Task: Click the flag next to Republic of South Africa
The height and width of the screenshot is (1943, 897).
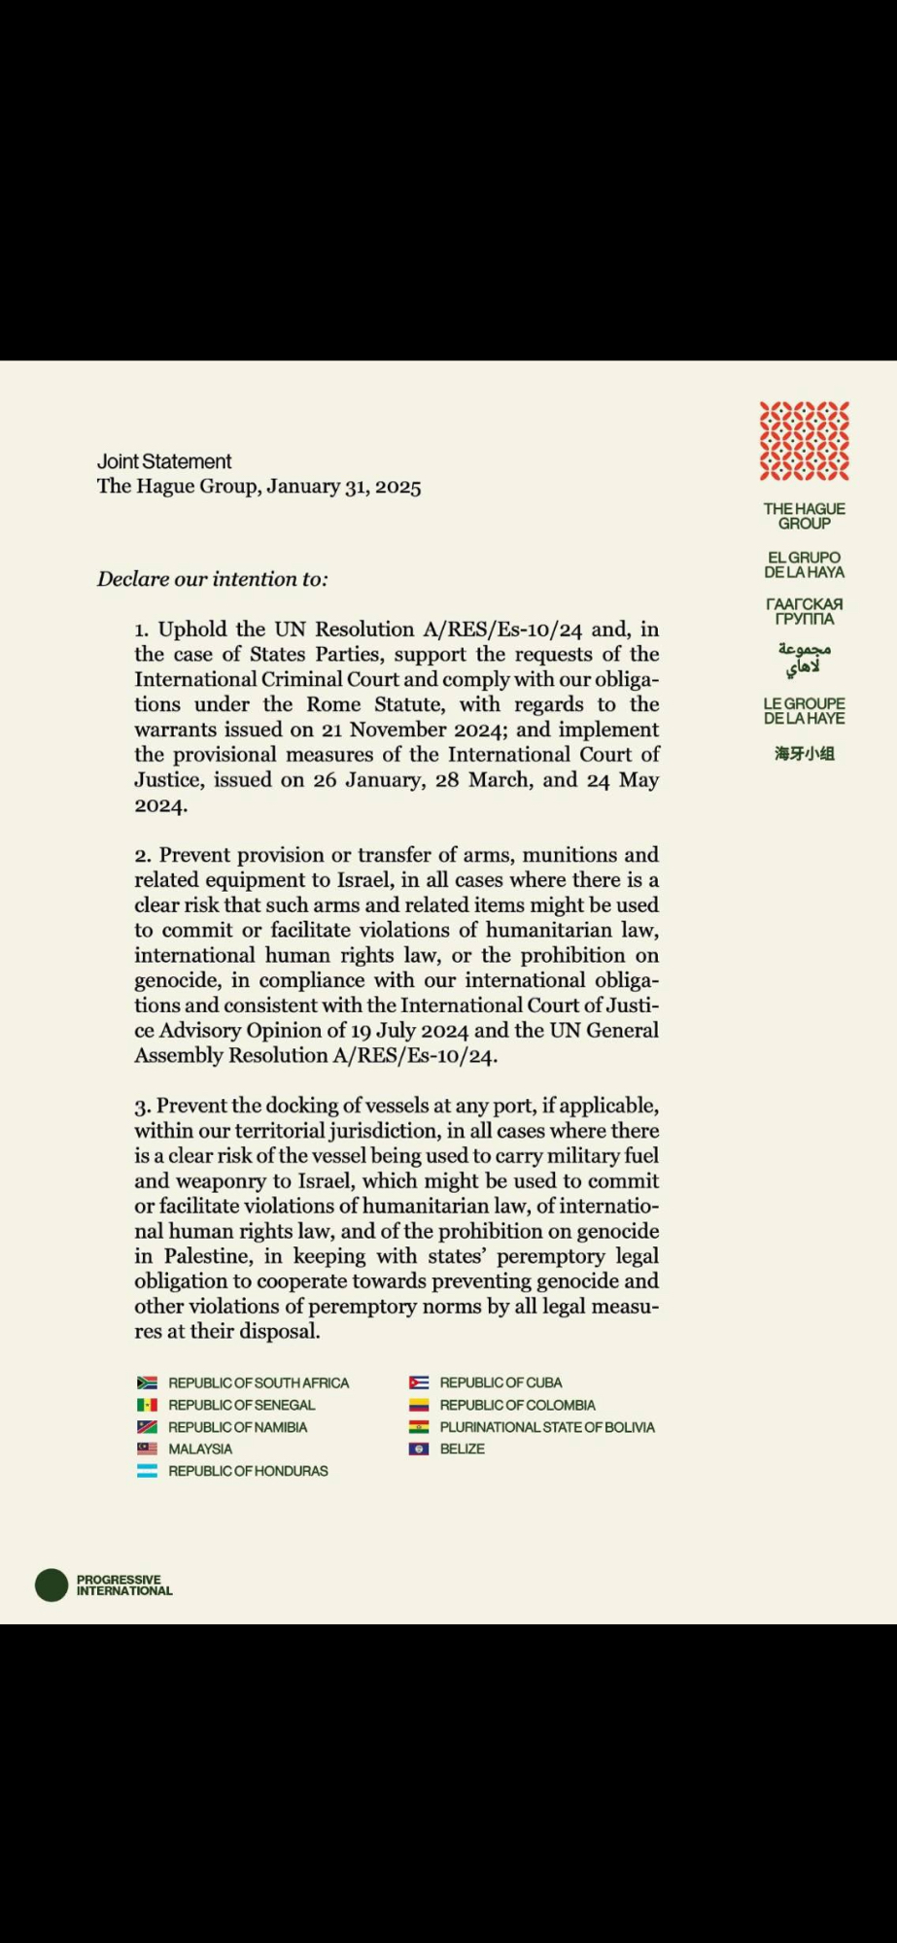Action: tap(147, 1382)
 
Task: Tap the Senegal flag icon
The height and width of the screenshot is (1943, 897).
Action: tap(147, 1405)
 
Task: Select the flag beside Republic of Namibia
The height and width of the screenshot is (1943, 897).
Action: tap(147, 1427)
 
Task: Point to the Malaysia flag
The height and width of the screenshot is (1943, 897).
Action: tap(147, 1449)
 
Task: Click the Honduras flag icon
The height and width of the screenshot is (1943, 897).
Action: tap(147, 1471)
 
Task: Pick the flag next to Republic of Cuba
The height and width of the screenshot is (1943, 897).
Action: tap(419, 1382)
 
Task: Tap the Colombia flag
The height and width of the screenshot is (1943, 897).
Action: tap(419, 1405)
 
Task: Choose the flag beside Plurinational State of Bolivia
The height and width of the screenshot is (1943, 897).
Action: tap(419, 1427)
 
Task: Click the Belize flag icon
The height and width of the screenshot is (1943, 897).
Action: tap(419, 1449)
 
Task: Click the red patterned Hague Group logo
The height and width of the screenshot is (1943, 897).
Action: tap(804, 441)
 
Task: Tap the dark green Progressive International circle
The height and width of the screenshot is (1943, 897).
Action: tap(52, 1585)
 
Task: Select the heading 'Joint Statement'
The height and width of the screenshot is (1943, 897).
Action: tap(164, 461)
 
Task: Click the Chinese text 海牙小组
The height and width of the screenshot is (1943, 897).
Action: tap(804, 753)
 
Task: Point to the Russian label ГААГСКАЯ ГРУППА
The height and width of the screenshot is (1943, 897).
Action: tap(804, 611)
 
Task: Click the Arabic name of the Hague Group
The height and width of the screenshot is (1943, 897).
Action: tap(804, 658)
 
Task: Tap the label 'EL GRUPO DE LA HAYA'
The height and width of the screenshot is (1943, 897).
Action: tap(804, 564)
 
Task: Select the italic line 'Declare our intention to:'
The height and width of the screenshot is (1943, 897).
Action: tap(212, 579)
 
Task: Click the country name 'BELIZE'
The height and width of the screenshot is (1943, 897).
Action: tap(462, 1449)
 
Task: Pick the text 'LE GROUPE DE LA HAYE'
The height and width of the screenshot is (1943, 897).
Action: tap(804, 710)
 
